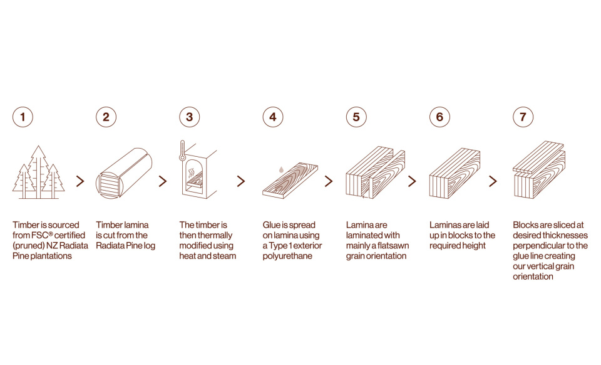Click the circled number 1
click(x=23, y=117)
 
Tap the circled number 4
click(x=273, y=117)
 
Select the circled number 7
click(x=523, y=117)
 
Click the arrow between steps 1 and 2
click(x=80, y=181)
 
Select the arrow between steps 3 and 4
click(x=241, y=181)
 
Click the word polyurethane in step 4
click(x=287, y=257)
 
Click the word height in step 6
click(x=474, y=246)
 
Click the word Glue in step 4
click(x=271, y=225)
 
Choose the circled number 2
click(x=106, y=117)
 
